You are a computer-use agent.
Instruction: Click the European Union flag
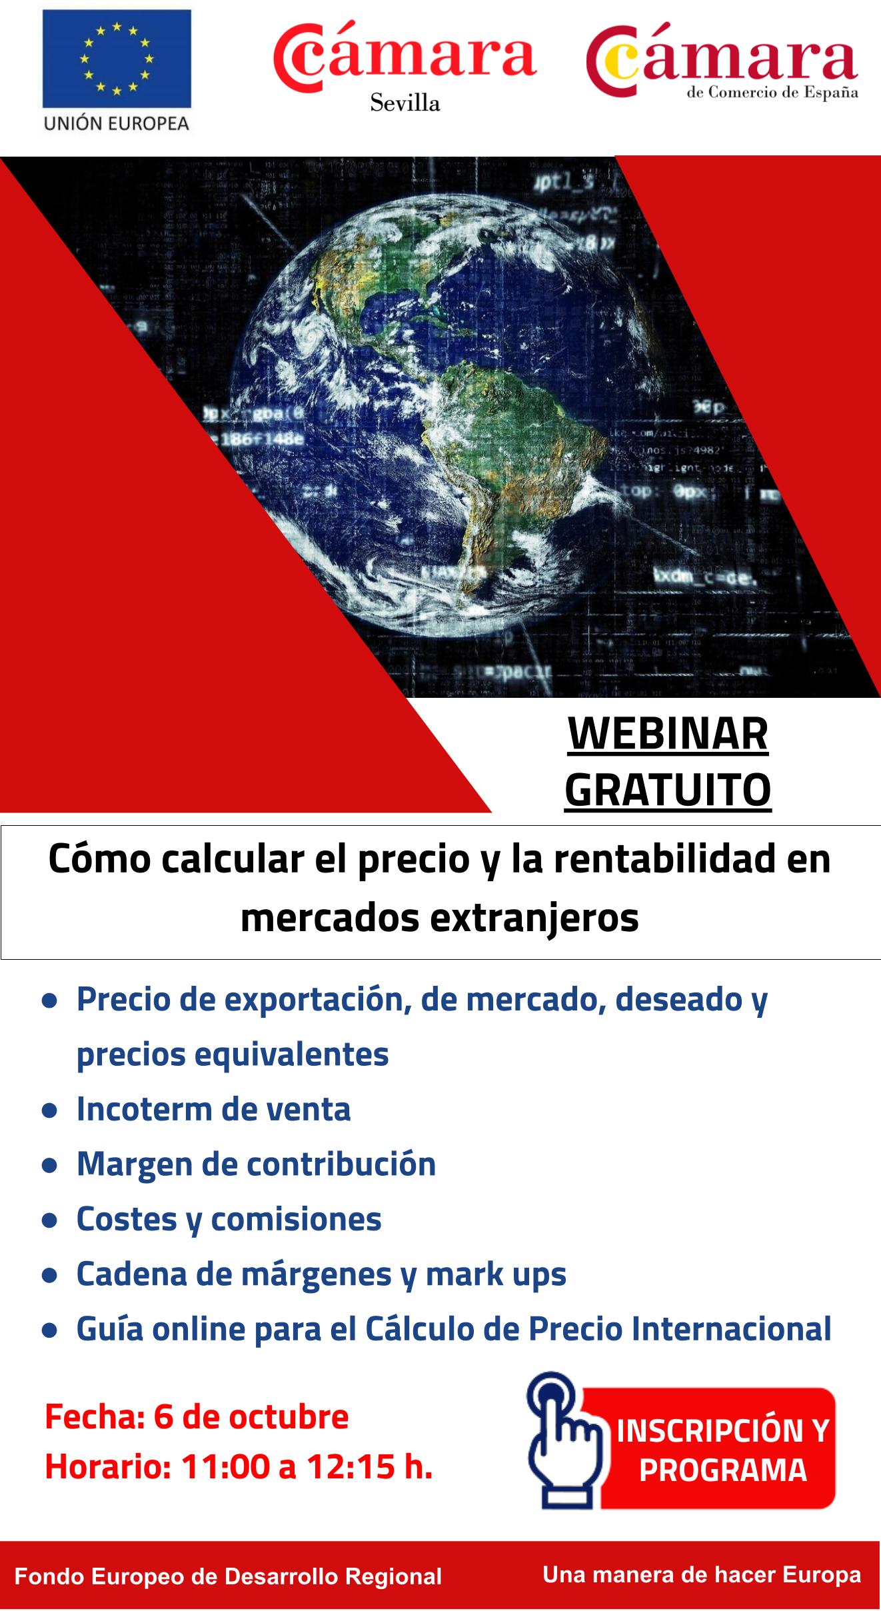[x=117, y=59]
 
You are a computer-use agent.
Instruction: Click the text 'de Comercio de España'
[x=772, y=93]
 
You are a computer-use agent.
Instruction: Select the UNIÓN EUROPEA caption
[x=117, y=123]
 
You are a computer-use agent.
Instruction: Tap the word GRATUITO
[x=668, y=790]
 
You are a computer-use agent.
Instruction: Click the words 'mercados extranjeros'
[x=440, y=918]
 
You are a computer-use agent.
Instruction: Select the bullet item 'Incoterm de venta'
[x=213, y=1109]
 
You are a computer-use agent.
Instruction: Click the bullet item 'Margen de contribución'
[x=256, y=1164]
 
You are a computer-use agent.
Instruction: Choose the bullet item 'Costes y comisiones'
[x=229, y=1219]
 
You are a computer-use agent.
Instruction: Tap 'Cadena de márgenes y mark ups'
[x=321, y=1274]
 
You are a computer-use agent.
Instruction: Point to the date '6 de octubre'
[x=251, y=1417]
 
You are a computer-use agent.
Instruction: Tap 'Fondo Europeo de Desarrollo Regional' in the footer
[x=228, y=1576]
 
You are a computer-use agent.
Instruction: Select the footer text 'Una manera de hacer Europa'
[x=702, y=1574]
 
